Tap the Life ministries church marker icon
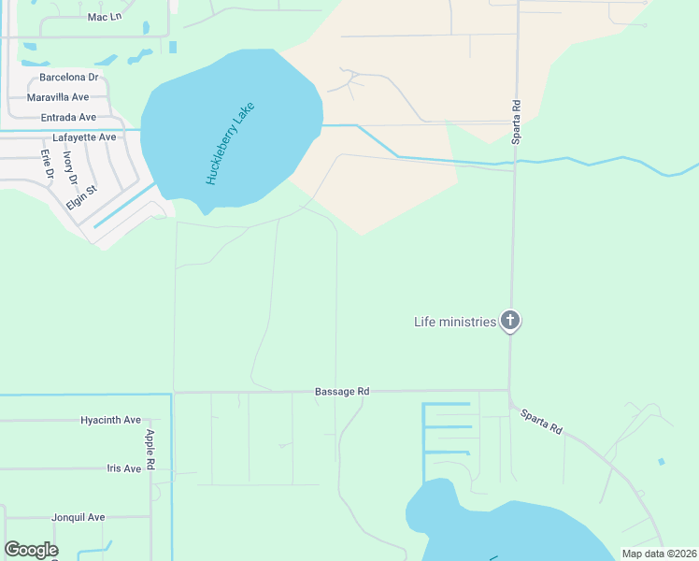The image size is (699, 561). coord(509,322)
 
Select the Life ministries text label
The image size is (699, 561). coord(455,322)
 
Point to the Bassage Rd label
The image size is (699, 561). coord(342,392)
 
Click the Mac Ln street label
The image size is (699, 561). coord(105,17)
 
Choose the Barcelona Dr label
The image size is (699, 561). coord(69,78)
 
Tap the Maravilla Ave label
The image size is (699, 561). coord(58,97)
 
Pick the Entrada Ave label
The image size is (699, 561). coord(68,118)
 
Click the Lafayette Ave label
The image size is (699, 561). coord(84,137)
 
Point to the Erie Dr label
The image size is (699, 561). coord(47,164)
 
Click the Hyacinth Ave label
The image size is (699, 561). coord(110,420)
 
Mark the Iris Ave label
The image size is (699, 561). coord(123,468)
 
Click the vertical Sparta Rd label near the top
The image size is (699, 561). coord(515,122)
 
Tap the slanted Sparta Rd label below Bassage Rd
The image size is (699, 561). coord(541,421)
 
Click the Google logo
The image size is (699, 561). coord(31,550)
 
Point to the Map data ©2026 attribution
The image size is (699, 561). coord(658,554)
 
